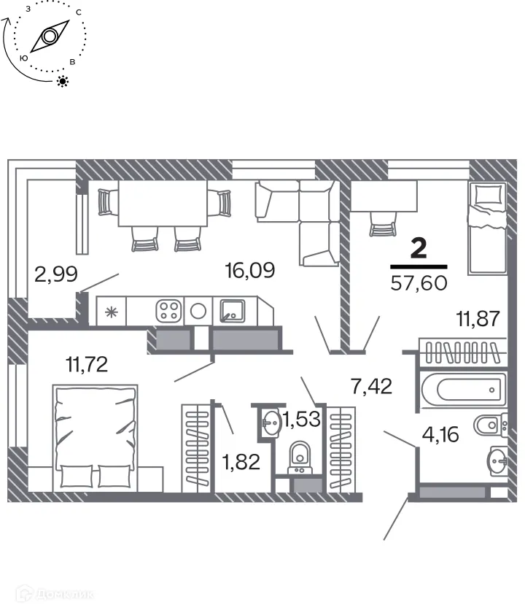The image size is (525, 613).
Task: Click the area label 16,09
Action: [249, 271]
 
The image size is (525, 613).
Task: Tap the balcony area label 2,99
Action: [55, 274]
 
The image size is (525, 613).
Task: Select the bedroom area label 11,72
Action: [87, 363]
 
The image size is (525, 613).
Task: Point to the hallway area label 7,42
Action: [372, 385]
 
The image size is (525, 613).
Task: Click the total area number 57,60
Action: [419, 282]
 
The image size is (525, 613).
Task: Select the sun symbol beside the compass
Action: [63, 81]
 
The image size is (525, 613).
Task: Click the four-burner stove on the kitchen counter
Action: [168, 311]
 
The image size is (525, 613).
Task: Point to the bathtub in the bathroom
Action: [462, 390]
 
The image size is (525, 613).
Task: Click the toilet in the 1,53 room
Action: [300, 458]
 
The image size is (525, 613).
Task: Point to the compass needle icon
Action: [50, 36]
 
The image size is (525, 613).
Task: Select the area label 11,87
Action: [478, 318]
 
